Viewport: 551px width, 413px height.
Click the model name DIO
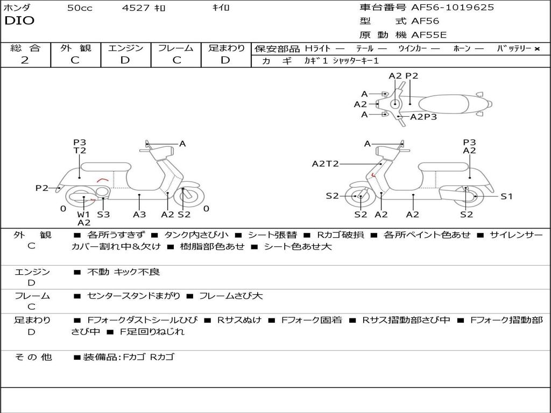[19, 21]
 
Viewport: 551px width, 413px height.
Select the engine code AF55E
[429, 35]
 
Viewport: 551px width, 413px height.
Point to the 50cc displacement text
[80, 8]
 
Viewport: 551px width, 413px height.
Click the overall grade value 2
[25, 60]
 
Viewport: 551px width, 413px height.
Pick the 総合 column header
[25, 48]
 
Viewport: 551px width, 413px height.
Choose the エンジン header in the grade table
[125, 48]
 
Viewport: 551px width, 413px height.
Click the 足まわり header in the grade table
[227, 48]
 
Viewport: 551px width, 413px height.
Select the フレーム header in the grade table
[176, 48]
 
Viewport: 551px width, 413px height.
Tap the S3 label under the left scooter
[103, 215]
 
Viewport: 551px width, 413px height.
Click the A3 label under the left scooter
[139, 215]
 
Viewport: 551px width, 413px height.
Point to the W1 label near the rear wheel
[83, 214]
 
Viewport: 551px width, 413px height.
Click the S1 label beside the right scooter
[507, 196]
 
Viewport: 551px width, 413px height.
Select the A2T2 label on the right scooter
[326, 164]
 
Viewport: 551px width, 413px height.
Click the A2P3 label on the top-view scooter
[423, 117]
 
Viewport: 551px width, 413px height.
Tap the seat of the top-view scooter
[447, 104]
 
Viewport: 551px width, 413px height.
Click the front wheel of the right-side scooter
[359, 197]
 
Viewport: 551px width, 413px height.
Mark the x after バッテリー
[536, 49]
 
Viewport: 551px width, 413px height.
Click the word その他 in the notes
[33, 357]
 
